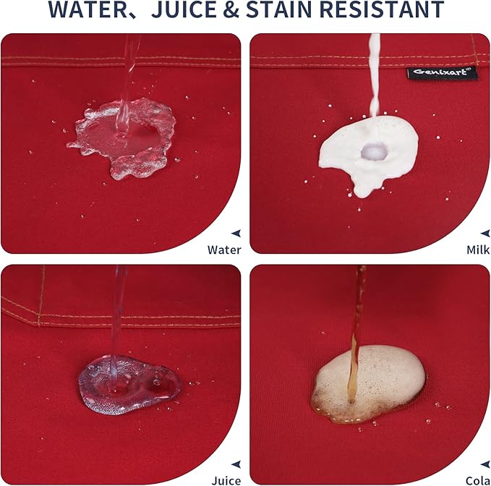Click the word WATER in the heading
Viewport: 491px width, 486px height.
[x=87, y=9]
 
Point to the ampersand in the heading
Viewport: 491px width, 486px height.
[x=231, y=9]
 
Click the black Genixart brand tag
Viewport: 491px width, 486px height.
[x=442, y=72]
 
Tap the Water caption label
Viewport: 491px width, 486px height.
[x=224, y=250]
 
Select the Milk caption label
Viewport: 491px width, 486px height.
[x=478, y=250]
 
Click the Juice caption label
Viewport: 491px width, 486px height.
[x=226, y=481]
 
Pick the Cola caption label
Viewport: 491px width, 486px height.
[x=478, y=481]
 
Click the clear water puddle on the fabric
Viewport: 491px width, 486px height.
[x=122, y=138]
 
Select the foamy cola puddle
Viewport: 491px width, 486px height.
[x=368, y=383]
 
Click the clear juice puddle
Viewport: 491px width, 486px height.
[x=129, y=385]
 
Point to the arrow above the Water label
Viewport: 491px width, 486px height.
[x=236, y=234]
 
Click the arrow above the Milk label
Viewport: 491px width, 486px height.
[x=485, y=234]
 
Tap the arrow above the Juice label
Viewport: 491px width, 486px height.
[x=236, y=464]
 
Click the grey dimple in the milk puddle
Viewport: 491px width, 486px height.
[x=372, y=152]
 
